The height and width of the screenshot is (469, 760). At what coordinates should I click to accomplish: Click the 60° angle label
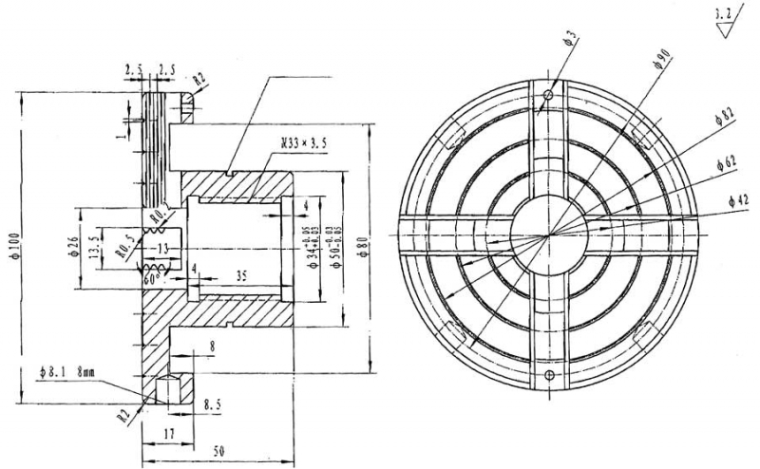(150, 281)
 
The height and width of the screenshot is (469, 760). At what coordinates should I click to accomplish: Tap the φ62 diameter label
(727, 163)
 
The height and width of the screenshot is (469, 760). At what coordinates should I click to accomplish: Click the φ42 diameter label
(738, 201)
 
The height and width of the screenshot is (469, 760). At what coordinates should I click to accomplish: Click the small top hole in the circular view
(549, 95)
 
